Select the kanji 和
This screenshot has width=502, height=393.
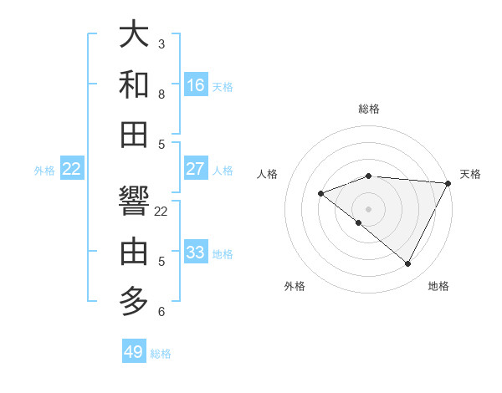pyautogui.click(x=135, y=84)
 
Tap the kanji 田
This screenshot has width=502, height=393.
pyautogui.click(x=135, y=134)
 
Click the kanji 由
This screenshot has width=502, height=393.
pyautogui.click(x=135, y=251)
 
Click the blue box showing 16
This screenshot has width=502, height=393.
pyautogui.click(x=196, y=85)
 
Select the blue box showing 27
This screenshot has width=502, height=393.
pyautogui.click(x=196, y=169)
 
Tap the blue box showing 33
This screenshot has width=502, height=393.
pyautogui.click(x=196, y=253)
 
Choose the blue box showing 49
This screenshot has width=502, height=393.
pyautogui.click(x=134, y=352)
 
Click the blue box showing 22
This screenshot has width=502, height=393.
pyautogui.click(x=72, y=169)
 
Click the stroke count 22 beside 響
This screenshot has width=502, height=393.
pyautogui.click(x=161, y=212)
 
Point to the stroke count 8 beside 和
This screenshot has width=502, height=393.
pyautogui.click(x=161, y=94)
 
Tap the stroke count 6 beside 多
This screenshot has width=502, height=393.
pyautogui.click(x=161, y=312)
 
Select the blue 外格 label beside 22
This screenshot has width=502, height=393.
pyautogui.click(x=44, y=171)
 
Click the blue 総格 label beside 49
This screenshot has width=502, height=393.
pyautogui.click(x=161, y=354)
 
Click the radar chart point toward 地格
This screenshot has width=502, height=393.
pyautogui.click(x=408, y=264)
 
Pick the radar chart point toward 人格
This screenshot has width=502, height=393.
pyautogui.click(x=320, y=194)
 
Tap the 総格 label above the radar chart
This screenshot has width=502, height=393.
pyautogui.click(x=369, y=109)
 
